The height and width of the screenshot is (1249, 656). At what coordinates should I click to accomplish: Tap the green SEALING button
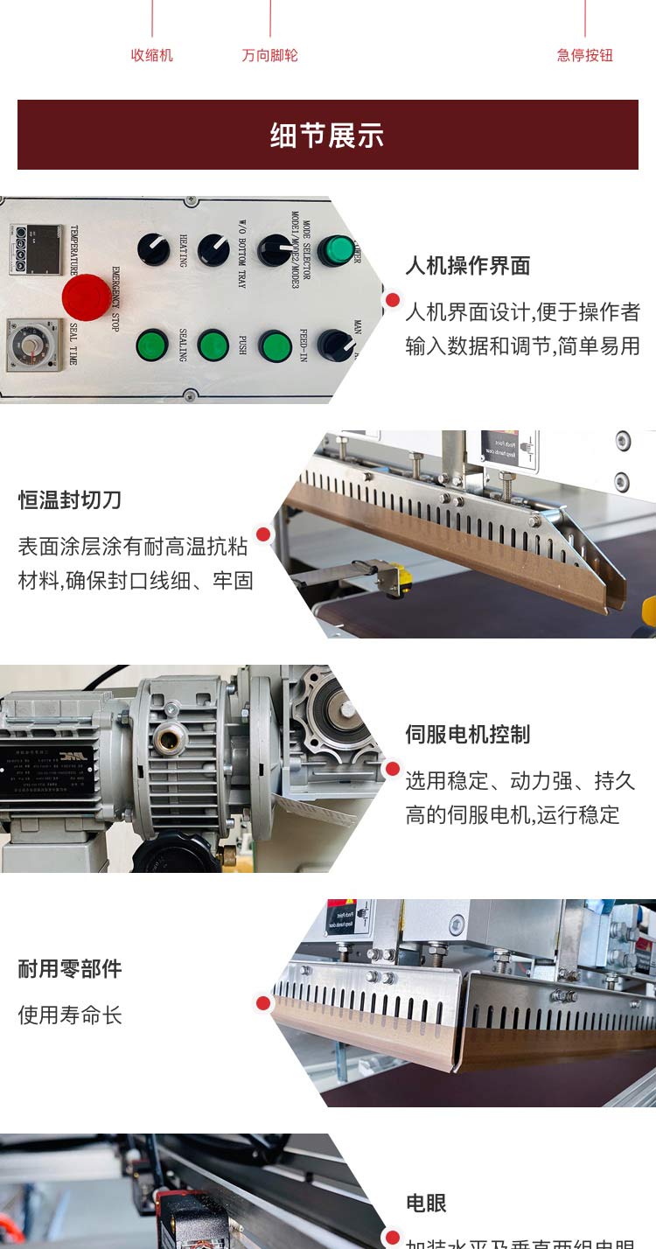pos(152,345)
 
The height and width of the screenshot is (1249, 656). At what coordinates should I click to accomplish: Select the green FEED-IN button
pos(274,346)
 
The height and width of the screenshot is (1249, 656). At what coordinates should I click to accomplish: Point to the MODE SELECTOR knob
pos(275,250)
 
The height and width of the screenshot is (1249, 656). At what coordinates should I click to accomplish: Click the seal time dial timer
pos(32,345)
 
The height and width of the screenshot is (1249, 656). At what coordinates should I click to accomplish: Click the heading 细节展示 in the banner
pos(327,136)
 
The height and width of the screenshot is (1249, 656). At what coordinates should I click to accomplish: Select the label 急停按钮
pos(584,55)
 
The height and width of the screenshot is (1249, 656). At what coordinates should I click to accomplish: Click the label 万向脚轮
pos(269,55)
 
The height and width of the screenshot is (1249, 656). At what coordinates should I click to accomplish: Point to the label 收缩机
pos(151,55)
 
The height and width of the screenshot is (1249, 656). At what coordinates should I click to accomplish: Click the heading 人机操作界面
pos(467,266)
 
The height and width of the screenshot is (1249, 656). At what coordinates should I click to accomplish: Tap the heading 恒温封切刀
pos(70,500)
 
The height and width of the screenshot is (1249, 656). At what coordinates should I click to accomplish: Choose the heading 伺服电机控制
pos(467,735)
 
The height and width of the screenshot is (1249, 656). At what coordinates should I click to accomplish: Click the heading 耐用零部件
pos(70,969)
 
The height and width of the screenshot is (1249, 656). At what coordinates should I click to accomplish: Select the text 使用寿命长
pos(70,1015)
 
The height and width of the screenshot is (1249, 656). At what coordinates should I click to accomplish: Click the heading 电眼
pos(426,1204)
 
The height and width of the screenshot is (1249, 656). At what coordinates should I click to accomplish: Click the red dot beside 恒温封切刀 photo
pos(263,534)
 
